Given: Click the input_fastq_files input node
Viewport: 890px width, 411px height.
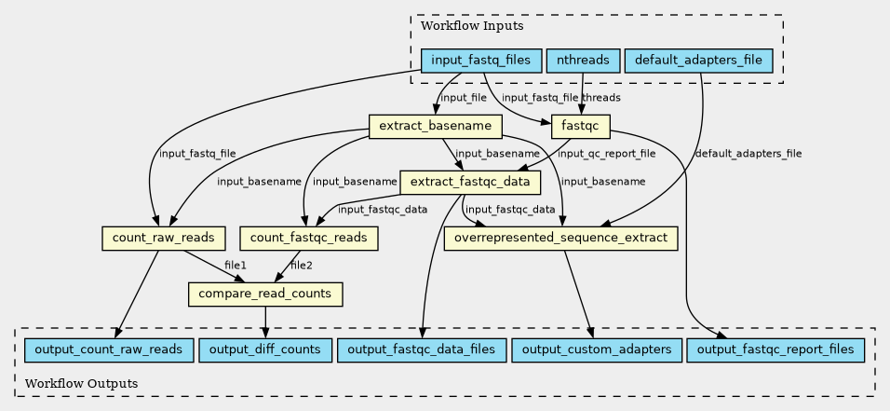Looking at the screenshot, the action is tap(480, 61).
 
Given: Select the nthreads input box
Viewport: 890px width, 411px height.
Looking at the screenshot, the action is tap(583, 61).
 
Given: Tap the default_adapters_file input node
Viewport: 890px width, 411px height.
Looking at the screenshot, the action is tap(698, 61).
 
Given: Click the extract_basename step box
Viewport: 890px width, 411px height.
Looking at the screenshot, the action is tap(436, 126).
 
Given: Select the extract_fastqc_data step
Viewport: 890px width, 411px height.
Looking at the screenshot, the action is tap(470, 183).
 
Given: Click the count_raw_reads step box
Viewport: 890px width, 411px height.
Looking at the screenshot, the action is tap(163, 239).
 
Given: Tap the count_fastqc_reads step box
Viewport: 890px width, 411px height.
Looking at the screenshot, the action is tap(309, 239).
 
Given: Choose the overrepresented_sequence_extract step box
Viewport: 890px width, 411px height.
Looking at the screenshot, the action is tap(560, 239).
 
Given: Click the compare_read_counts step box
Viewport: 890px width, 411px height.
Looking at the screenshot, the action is tap(265, 295).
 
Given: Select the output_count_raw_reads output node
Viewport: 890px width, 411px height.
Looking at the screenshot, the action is tap(109, 349).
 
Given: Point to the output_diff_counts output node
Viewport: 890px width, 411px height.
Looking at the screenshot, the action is tap(265, 349).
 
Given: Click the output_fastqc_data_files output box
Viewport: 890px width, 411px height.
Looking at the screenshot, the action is tap(421, 349).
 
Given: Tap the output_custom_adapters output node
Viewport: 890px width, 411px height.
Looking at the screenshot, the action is tap(596, 349).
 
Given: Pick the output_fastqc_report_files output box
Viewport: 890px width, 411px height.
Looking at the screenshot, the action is tap(775, 349).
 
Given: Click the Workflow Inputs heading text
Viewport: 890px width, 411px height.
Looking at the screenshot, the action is tap(472, 26).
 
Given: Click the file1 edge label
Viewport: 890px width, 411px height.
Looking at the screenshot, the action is tap(236, 265).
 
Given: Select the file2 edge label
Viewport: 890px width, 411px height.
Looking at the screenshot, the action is tap(302, 265).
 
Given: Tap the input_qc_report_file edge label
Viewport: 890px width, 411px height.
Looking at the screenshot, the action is tap(606, 154).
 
